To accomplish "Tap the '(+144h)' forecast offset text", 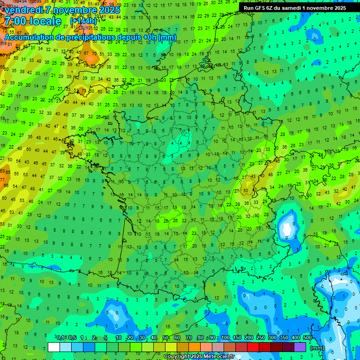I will click(x=83, y=21).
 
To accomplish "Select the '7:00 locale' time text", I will click(x=33, y=22).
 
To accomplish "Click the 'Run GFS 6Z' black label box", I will click(x=295, y=7).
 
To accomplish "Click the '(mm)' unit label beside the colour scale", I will click(x=317, y=348).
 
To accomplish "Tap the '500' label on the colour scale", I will click(x=307, y=338).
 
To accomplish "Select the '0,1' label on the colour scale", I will click(x=60, y=338).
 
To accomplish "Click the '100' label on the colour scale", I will click(x=225, y=338).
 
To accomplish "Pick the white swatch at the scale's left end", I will click(x=54, y=347).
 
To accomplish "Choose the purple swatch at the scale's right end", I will click(x=300, y=347).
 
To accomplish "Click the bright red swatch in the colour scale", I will click(x=253, y=347).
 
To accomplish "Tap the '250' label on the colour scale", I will click(x=260, y=338).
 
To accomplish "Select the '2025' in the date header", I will click(x=105, y=9).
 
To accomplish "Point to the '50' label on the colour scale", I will click(x=165, y=338).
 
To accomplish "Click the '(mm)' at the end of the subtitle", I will click(x=167, y=37).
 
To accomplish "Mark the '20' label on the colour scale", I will click(x=130, y=338).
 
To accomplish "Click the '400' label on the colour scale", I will click(x=295, y=338).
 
